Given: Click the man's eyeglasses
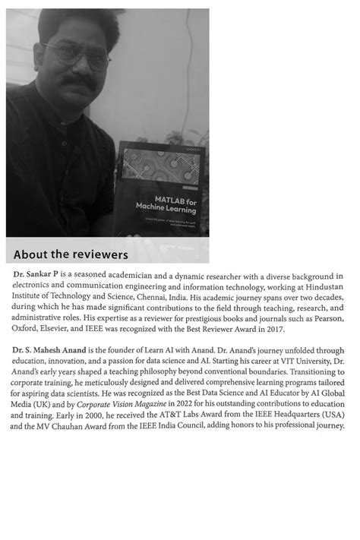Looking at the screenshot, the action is point(76,55).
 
